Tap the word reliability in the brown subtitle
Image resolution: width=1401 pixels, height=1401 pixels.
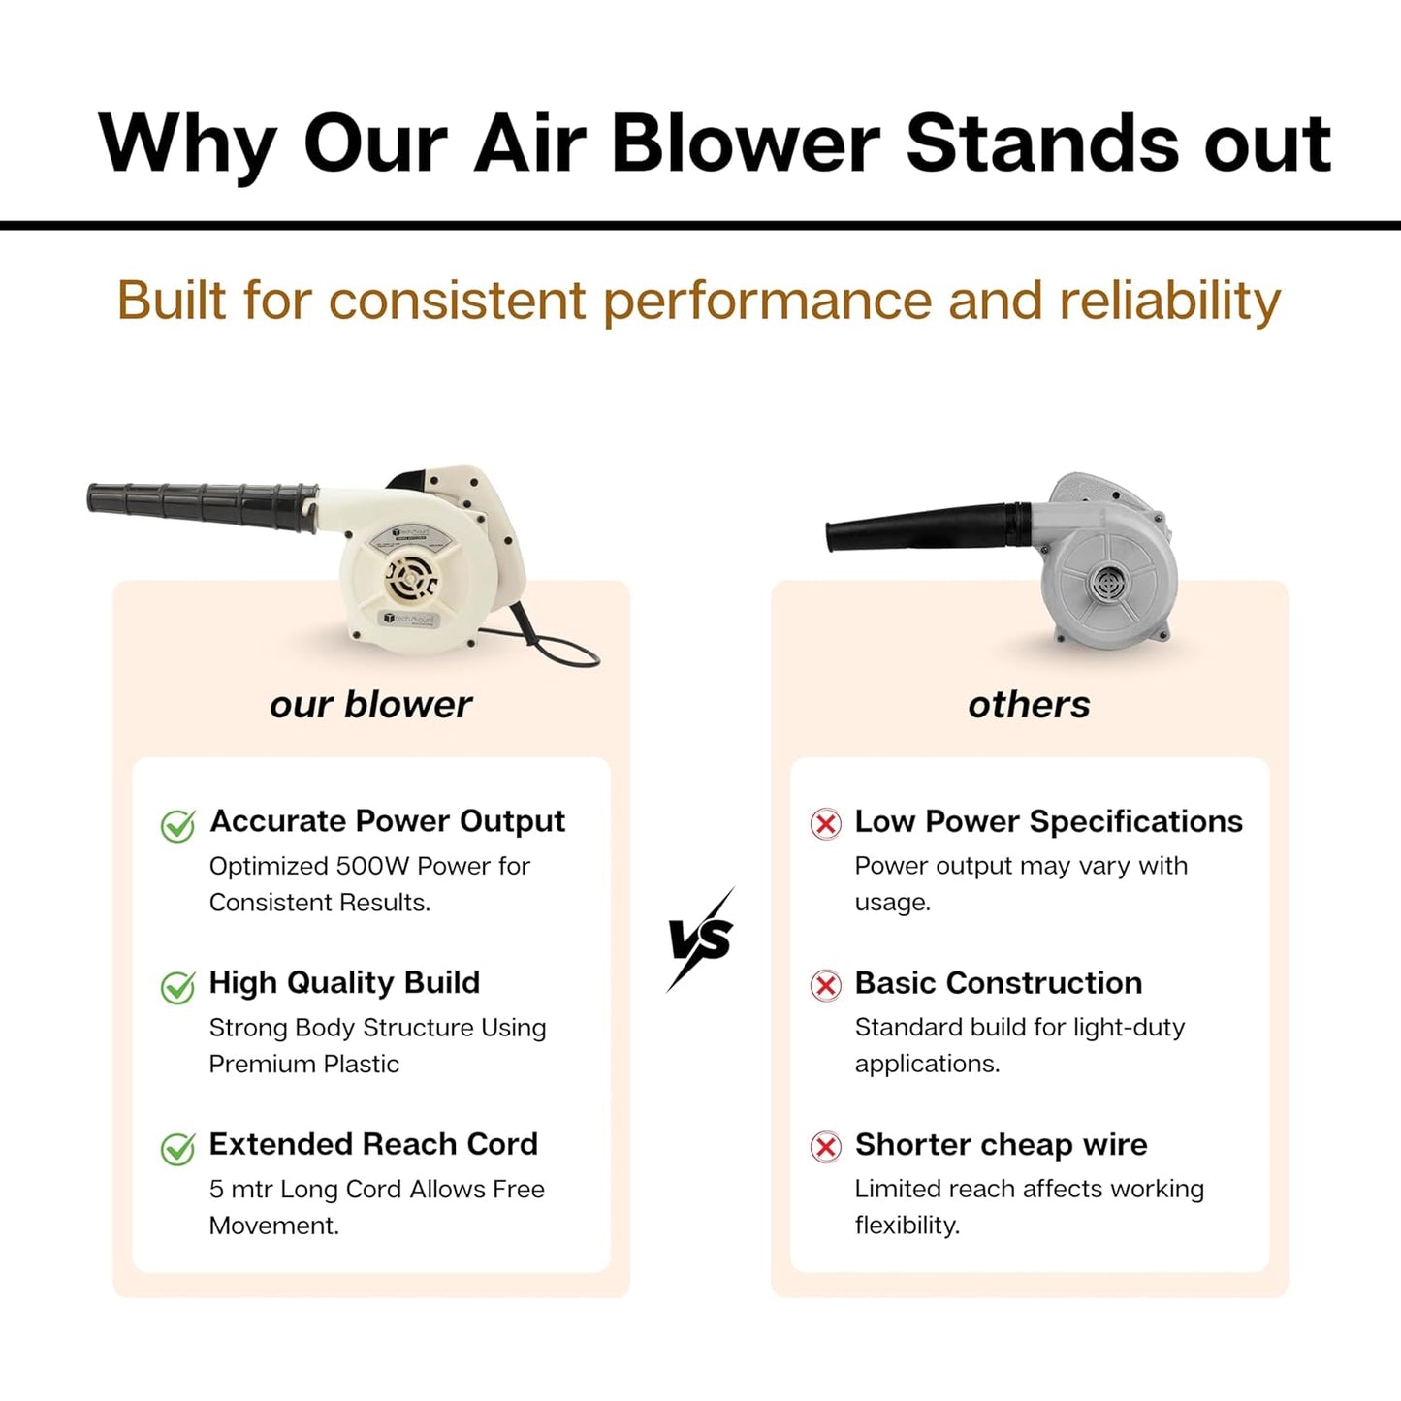1169,301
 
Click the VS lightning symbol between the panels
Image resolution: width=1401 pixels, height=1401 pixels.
701,939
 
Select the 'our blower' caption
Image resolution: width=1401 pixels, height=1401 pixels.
370,705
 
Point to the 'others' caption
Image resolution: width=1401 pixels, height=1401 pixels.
1029,705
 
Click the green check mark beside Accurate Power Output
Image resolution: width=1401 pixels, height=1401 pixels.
177,826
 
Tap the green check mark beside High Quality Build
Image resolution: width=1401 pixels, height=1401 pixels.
177,987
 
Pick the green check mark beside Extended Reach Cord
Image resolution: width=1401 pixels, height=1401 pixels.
177,1149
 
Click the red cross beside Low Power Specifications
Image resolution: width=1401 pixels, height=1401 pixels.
825,824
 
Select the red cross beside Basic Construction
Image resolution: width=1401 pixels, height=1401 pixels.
825,986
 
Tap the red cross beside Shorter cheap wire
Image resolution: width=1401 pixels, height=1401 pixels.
825,1148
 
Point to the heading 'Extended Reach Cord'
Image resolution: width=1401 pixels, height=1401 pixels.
373,1144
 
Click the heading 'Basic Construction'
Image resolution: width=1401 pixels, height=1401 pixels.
998,983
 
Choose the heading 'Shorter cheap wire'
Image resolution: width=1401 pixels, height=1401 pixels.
1001,1145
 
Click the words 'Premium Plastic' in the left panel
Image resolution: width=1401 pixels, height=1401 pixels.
303,1065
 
